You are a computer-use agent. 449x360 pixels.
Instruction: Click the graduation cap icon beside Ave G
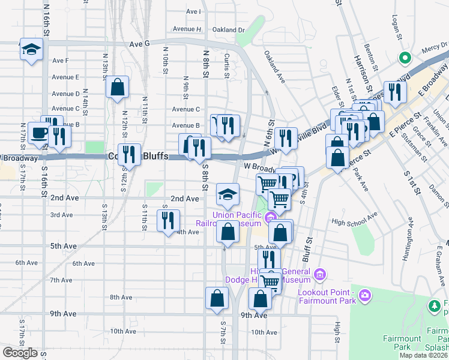coord(31,50)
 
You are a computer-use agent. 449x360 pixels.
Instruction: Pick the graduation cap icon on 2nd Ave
coord(228,194)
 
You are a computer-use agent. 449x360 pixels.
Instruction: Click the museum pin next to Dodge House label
coord(321,275)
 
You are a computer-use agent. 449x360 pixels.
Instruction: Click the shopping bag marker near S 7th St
coord(217,298)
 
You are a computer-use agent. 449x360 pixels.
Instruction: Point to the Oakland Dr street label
coord(229,29)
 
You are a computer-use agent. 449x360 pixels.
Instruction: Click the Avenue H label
coord(187,29)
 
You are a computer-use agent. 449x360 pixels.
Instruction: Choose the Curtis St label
coord(227,64)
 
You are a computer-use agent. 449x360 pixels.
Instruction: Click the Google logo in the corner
coord(20,353)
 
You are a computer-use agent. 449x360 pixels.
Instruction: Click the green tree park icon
coord(435,306)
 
